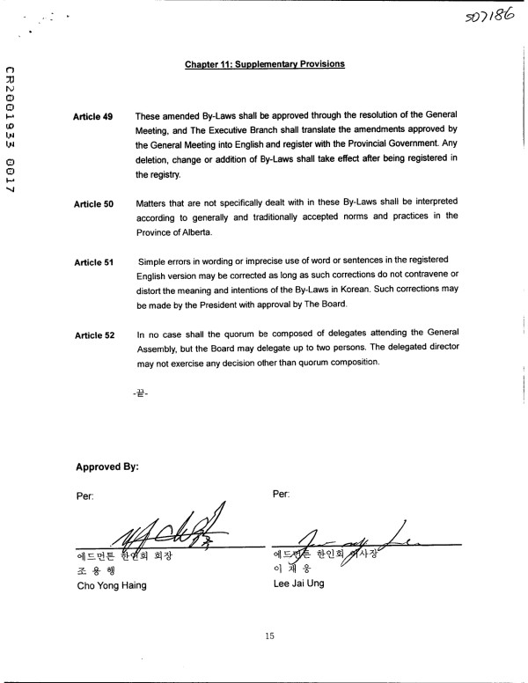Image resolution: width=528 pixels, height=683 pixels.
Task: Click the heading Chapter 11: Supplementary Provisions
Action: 264,64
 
